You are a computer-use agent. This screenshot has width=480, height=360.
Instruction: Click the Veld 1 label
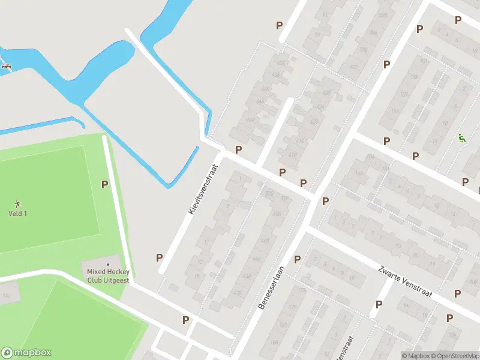17,214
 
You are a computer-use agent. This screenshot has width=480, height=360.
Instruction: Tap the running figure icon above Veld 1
17,203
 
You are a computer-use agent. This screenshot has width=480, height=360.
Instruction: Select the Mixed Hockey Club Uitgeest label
108,275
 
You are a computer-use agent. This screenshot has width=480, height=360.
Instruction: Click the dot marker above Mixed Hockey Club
108,264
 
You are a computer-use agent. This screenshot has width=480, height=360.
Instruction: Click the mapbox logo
26,353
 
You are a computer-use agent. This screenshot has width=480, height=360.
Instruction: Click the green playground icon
461,138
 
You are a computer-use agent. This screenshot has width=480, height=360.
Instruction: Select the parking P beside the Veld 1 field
104,185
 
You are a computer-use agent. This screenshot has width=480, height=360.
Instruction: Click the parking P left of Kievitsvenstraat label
160,257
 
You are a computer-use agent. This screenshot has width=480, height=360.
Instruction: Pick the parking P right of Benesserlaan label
297,259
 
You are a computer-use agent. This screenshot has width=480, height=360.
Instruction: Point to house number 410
293,155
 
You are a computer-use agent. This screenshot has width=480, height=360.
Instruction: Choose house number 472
237,293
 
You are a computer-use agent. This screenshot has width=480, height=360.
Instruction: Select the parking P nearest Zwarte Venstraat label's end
458,293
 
